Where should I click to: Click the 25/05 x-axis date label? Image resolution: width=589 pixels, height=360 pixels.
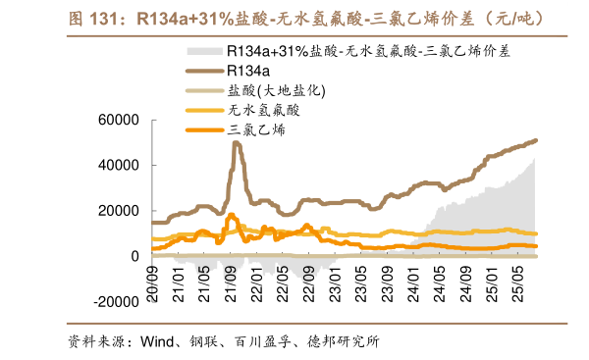click(x=516, y=280)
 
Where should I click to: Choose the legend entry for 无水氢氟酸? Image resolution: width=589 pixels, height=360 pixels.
click(x=263, y=110)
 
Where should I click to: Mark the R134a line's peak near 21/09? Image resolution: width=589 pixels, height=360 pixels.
click(x=237, y=143)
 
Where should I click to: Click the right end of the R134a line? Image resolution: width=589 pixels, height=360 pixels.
click(x=536, y=140)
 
